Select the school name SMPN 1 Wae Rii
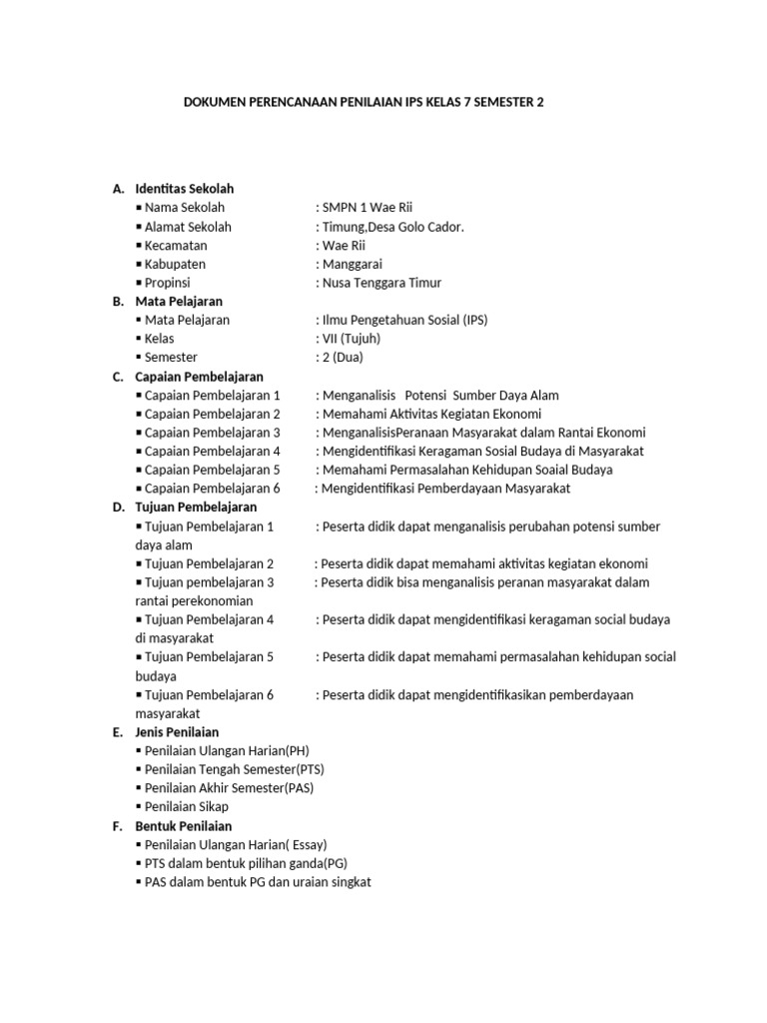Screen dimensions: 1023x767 [x=368, y=208]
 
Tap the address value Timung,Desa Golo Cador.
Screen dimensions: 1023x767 [x=392, y=227]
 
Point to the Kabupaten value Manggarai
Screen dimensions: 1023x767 [x=352, y=265]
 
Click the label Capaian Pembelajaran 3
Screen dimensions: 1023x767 [x=212, y=433]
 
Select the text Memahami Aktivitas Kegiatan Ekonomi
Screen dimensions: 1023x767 [x=431, y=414]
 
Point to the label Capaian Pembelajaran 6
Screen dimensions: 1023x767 [x=212, y=489]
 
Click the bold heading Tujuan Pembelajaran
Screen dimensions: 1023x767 [x=196, y=508]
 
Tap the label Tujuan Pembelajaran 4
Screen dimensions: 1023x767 [x=209, y=619]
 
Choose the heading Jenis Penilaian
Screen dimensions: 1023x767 [x=177, y=732]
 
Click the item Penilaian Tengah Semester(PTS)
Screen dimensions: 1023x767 [x=234, y=770]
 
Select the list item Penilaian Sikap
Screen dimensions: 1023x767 [x=186, y=807]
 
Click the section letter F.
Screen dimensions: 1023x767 [x=117, y=826]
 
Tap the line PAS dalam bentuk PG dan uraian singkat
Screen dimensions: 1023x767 [x=258, y=883]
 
